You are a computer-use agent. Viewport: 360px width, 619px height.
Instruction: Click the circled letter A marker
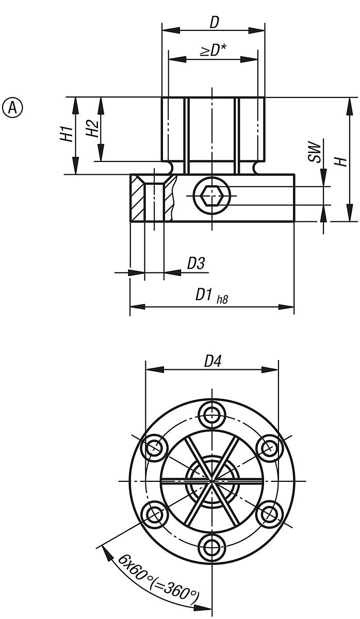tap(13, 107)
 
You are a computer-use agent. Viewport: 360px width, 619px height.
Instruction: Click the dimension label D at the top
tap(214, 22)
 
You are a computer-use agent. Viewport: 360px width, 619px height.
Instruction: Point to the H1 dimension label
tap(66, 134)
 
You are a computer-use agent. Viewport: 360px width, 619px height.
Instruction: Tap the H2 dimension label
tap(91, 128)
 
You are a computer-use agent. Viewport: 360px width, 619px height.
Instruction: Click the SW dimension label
tap(314, 153)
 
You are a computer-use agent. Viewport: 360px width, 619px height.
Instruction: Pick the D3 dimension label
tap(195, 264)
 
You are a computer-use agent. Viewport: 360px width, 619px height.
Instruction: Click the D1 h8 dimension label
tap(211, 296)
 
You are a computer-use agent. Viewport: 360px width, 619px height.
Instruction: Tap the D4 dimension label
tap(212, 361)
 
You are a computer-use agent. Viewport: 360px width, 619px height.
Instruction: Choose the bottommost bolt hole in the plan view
tap(212, 548)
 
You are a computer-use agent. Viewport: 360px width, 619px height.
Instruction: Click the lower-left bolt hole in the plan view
tap(154, 514)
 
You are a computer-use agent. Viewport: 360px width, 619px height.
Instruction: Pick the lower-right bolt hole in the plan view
tap(270, 514)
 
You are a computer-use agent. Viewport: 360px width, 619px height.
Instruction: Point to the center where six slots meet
tap(212, 481)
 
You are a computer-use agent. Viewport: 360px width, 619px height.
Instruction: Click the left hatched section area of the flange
tap(138, 199)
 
